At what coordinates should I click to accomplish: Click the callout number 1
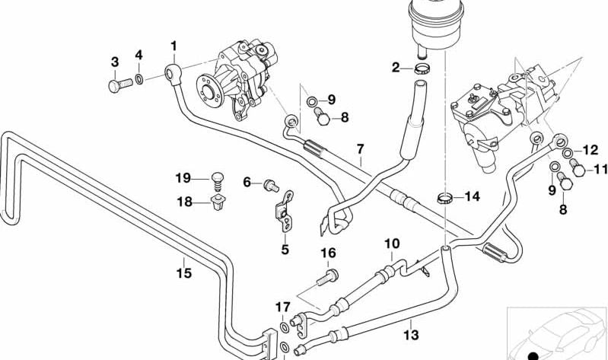tap(173, 46)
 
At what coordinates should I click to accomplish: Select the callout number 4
tap(138, 55)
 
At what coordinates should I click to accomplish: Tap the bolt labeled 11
tap(576, 168)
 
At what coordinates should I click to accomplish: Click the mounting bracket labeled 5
tap(287, 215)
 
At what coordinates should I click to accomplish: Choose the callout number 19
tap(182, 178)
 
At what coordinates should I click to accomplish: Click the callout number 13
tap(411, 334)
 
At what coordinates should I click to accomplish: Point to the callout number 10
tap(391, 244)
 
